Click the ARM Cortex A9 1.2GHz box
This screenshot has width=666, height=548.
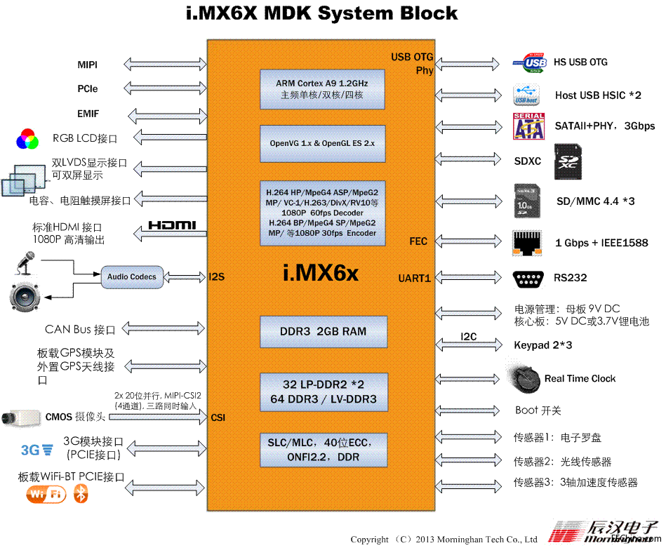pyautogui.click(x=322, y=89)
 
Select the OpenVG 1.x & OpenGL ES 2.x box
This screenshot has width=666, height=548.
pyautogui.click(x=322, y=143)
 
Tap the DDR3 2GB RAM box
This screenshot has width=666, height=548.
pyautogui.click(x=323, y=332)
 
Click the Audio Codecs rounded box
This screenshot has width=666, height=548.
pyautogui.click(x=132, y=277)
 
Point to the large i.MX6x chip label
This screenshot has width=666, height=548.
pyautogui.click(x=321, y=273)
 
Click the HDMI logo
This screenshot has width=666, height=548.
pyautogui.click(x=172, y=226)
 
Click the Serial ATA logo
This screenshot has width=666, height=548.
pyautogui.click(x=528, y=126)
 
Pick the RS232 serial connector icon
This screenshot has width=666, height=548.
pyautogui.click(x=528, y=279)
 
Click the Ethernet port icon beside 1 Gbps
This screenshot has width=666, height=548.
pyautogui.click(x=528, y=243)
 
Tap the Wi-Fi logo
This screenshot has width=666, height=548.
pyautogui.click(x=46, y=495)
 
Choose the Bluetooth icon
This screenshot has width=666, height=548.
pyautogui.click(x=81, y=495)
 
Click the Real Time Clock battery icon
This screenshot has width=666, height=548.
pyautogui.click(x=525, y=379)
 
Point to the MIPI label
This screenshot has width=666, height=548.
pyautogui.click(x=88, y=65)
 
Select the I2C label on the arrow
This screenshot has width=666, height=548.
pyautogui.click(x=469, y=337)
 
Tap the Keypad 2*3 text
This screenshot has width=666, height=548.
pyautogui.click(x=543, y=345)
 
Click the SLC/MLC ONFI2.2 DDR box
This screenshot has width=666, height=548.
pyautogui.click(x=323, y=450)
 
